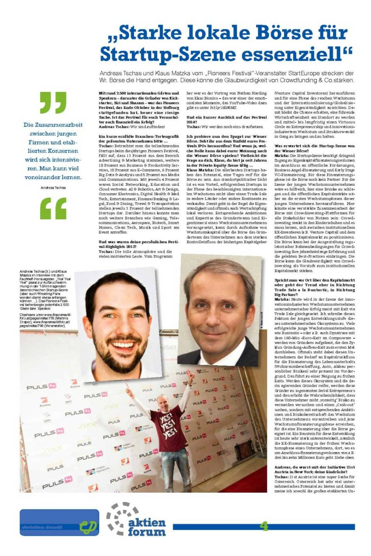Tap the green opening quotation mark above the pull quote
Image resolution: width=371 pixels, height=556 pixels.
point(53,102)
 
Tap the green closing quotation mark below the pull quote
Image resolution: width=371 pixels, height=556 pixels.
point(53,208)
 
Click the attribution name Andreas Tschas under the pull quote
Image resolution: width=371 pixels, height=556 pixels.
point(53,188)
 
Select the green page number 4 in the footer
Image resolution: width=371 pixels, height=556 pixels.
point(264,526)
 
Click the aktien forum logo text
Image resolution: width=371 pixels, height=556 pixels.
point(146,527)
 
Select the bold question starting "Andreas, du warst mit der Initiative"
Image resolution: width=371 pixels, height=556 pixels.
point(314,470)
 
